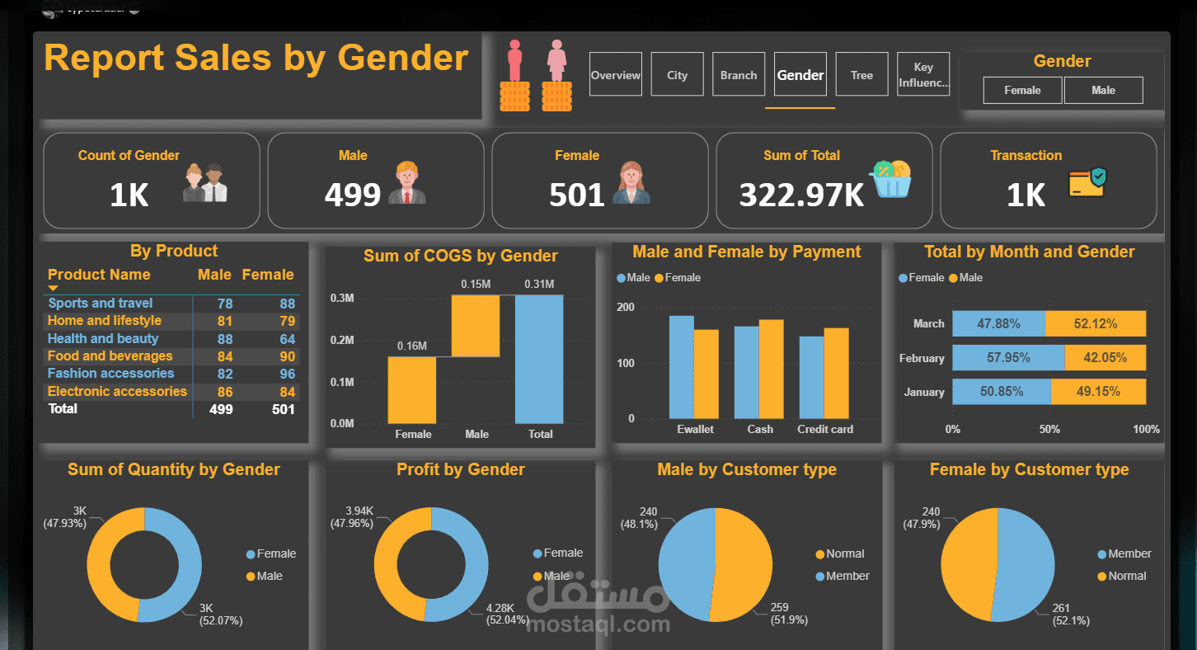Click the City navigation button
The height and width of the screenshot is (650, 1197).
(677, 75)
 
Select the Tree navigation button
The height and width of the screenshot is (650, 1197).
(861, 75)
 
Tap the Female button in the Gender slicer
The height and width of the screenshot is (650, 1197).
(1022, 90)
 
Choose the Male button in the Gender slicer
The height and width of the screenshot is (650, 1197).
(1103, 90)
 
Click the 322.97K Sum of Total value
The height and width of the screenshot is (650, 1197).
(801, 195)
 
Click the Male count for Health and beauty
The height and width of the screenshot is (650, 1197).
(224, 339)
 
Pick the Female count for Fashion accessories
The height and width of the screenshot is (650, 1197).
(286, 374)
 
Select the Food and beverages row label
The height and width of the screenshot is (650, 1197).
(110, 356)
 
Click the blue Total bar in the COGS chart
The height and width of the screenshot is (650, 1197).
(540, 359)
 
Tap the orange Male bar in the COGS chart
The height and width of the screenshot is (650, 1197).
(476, 326)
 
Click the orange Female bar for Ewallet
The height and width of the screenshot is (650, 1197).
(706, 374)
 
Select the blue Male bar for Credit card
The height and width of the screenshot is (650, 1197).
(811, 377)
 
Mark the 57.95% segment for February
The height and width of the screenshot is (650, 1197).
(1008, 358)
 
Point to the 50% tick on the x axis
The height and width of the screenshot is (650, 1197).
(1049, 429)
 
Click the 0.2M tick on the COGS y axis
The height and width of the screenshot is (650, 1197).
(342, 340)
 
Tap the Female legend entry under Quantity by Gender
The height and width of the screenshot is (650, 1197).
(275, 553)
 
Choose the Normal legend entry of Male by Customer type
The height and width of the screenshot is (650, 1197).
(845, 553)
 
